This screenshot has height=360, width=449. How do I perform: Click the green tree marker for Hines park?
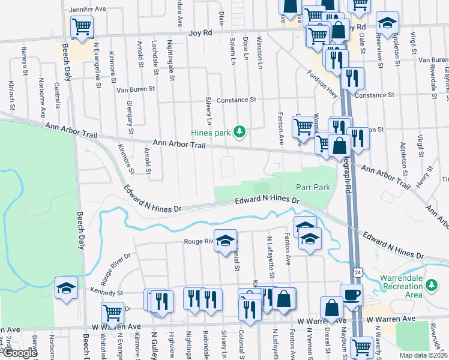coord(240,131)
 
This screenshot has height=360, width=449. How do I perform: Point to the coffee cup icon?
coord(351,294)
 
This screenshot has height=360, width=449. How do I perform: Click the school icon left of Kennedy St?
coord(66,287)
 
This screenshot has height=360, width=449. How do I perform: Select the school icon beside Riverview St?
coord(387,23)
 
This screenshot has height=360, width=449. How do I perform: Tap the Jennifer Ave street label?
coord(88,10)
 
